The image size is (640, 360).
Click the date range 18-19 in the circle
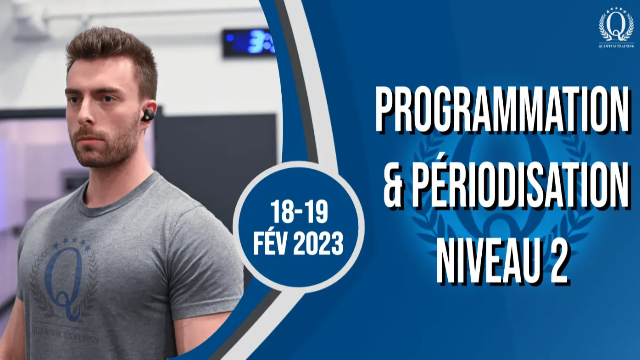point(299,212)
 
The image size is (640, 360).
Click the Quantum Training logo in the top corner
point(616,28)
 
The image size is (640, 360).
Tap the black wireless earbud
point(148,115)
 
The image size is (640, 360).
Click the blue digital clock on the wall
point(249,43)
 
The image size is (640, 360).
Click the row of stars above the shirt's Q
point(72,244)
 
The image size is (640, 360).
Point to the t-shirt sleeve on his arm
point(200,263)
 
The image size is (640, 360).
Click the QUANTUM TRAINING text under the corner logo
point(616,46)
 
